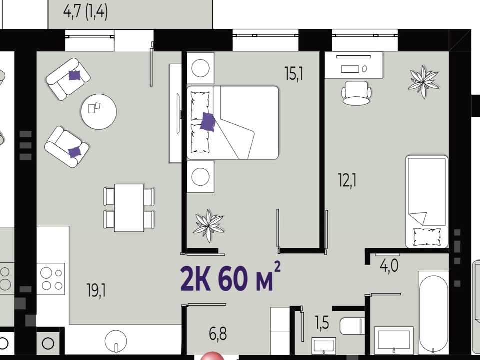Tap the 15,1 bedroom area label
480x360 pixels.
coord(294,74)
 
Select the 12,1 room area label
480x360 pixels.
coord(347,180)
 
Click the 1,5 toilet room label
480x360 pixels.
coord(322,322)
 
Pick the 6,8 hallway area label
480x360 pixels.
coord(218,333)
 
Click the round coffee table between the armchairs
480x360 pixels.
coord(99,111)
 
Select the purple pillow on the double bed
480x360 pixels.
coord(208,122)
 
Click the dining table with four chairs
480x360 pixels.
coord(129,207)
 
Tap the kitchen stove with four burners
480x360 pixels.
coord(51,279)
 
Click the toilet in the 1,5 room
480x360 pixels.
coord(352,326)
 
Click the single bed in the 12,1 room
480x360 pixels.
coord(426,201)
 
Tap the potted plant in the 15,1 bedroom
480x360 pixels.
coord(209,225)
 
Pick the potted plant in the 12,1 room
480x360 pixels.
coord(423,81)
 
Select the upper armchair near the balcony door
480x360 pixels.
coord(68,79)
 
